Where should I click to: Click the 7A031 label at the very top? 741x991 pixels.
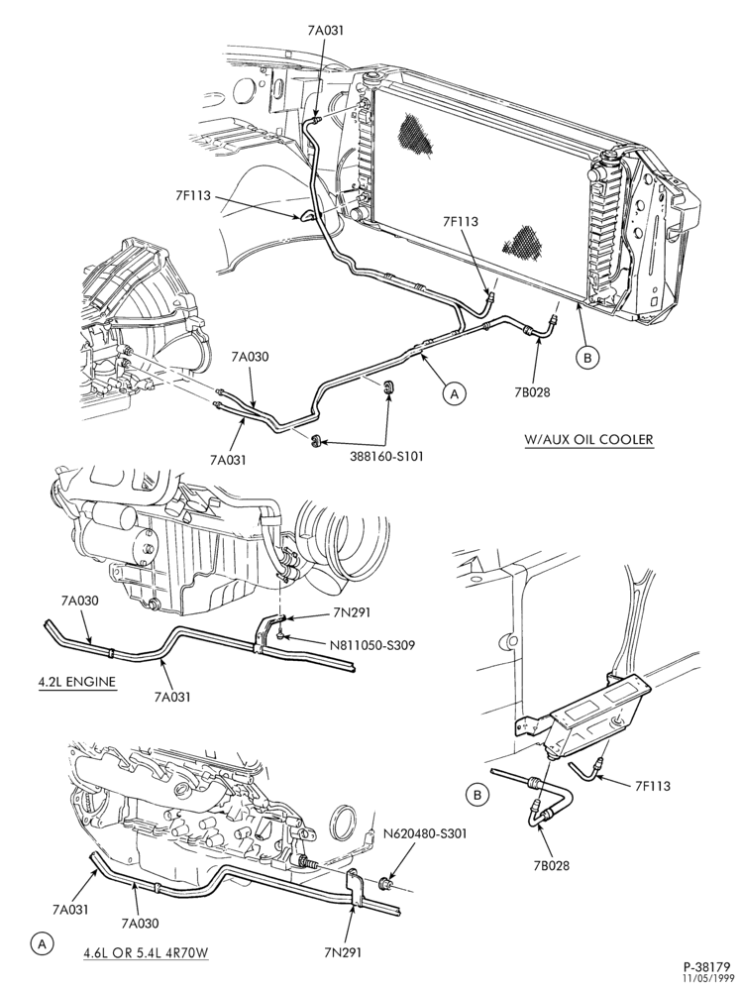[325, 30]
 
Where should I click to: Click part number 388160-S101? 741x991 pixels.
[386, 455]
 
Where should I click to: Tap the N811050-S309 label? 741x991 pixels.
[367, 646]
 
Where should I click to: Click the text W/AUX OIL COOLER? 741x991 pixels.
[588, 439]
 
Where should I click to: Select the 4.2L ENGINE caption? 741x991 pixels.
[74, 682]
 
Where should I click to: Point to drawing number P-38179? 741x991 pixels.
[706, 967]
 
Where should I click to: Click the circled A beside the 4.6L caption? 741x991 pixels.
[42, 944]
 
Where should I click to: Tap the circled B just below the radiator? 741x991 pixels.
[586, 358]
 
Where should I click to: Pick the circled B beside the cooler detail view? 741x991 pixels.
[477, 795]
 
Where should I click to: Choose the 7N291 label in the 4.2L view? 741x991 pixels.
[352, 611]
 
